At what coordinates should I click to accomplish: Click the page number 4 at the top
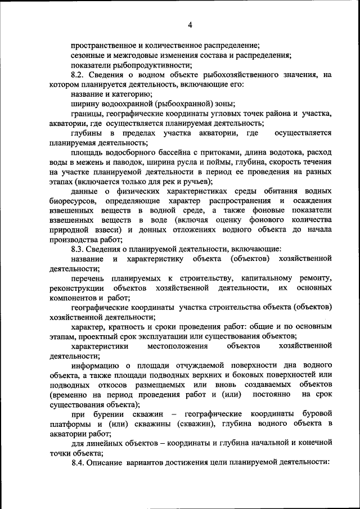190,25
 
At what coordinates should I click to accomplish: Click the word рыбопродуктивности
144,65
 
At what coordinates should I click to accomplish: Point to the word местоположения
180,345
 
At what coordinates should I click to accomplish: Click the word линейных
105,443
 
